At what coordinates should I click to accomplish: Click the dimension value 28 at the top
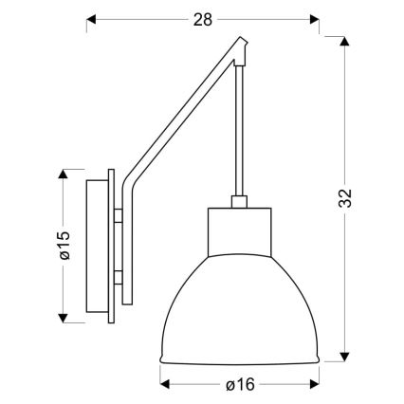point(202,17)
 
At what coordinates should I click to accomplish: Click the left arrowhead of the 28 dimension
point(92,17)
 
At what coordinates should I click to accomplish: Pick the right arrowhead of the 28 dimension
point(313,17)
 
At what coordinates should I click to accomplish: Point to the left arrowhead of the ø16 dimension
point(165,384)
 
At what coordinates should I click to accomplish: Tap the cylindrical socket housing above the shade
point(240,232)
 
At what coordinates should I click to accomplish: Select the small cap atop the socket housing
point(240,202)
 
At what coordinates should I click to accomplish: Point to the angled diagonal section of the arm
point(185,114)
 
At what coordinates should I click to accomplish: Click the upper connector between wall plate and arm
point(119,215)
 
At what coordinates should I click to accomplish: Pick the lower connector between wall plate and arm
point(119,278)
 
